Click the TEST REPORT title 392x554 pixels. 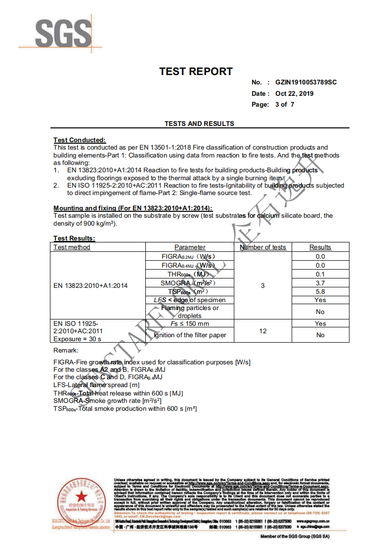click(x=196, y=72)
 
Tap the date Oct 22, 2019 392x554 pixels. click(x=295, y=93)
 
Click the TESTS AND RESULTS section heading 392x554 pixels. click(x=199, y=123)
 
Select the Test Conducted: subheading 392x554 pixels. click(x=80, y=140)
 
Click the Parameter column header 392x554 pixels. click(x=190, y=247)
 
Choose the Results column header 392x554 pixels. click(x=320, y=247)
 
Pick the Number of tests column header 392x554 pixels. click(x=263, y=247)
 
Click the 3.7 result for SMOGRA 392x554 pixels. click(x=320, y=283)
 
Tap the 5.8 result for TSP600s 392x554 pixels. click(x=320, y=292)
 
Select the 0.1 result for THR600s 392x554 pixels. click(x=320, y=274)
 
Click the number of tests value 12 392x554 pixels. click(x=263, y=331)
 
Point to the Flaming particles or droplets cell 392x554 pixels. click(x=190, y=312)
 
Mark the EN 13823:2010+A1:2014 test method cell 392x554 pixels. click(x=90, y=285)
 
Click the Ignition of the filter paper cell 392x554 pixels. click(x=190, y=335)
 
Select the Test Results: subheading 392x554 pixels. click(x=74, y=238)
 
